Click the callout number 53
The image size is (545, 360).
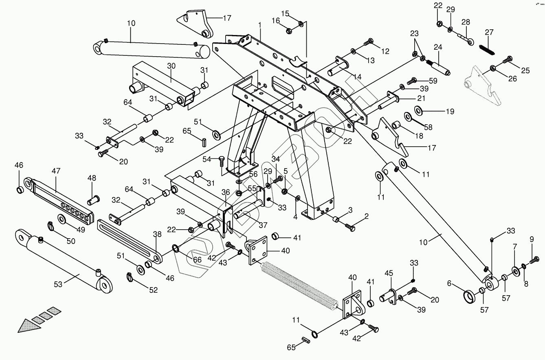pos(58,284)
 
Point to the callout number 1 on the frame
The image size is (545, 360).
pos(259,25)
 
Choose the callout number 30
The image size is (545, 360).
pos(171,66)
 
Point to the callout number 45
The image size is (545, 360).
pos(389,273)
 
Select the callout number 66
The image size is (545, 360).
pos(197,259)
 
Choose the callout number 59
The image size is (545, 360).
pos(432,81)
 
